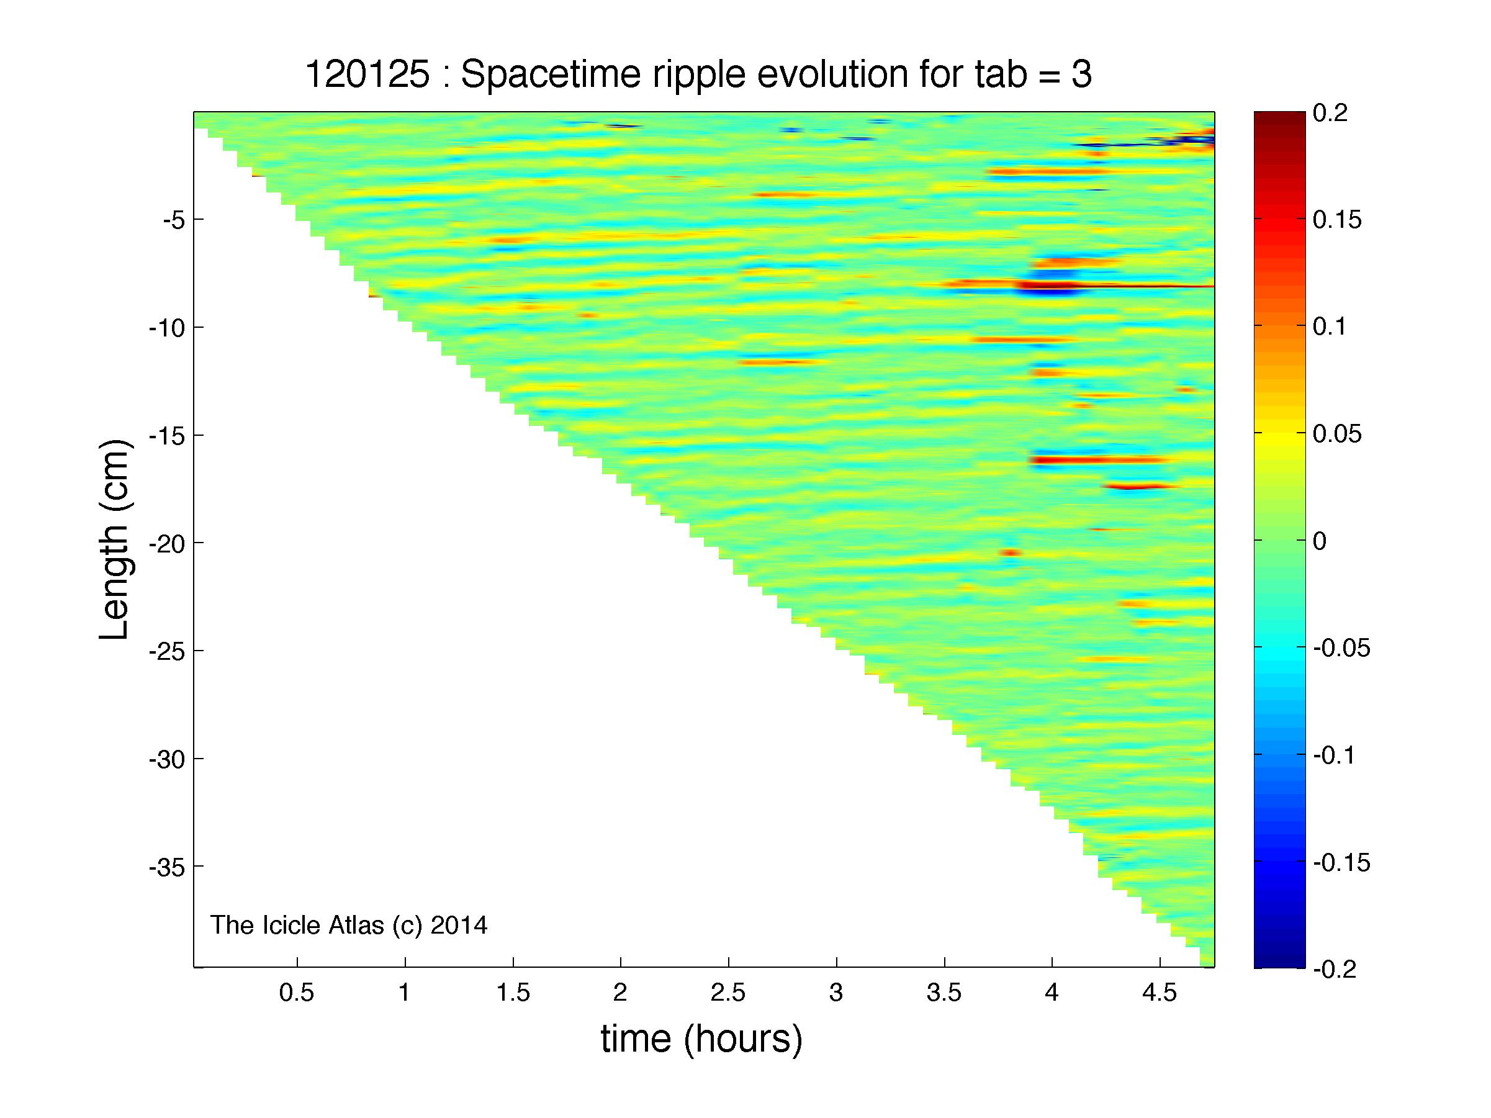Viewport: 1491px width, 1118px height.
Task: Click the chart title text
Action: pyautogui.click(x=698, y=74)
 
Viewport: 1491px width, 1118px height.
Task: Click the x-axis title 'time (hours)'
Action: pyautogui.click(x=701, y=1039)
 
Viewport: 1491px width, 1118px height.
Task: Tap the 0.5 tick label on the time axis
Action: pyautogui.click(x=297, y=993)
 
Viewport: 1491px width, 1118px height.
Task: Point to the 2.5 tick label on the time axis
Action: pyautogui.click(x=728, y=993)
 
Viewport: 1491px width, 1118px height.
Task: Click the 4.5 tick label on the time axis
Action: pyautogui.click(x=1160, y=993)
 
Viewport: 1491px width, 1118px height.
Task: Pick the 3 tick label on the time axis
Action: pyautogui.click(x=836, y=993)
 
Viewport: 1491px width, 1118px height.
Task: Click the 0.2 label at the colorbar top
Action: pyautogui.click(x=1331, y=112)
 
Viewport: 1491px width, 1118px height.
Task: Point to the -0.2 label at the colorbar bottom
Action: pyautogui.click(x=1335, y=969)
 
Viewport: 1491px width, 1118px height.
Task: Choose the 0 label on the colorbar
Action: pyautogui.click(x=1320, y=541)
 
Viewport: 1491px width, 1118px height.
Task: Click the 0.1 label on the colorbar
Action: pyautogui.click(x=1331, y=327)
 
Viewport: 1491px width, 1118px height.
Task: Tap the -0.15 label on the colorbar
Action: pyautogui.click(x=1342, y=863)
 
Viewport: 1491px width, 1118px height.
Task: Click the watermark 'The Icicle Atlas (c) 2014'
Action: pyautogui.click(x=348, y=926)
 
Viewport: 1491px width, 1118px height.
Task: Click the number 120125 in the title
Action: pyautogui.click(x=367, y=74)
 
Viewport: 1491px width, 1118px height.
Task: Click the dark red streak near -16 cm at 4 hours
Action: pyautogui.click(x=1099, y=460)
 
